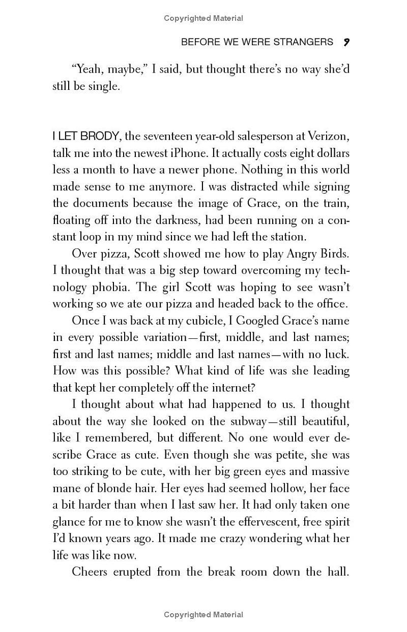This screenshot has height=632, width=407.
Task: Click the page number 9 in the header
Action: (346, 42)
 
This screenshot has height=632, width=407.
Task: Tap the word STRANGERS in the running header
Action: (304, 42)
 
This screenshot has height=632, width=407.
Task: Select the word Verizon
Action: (331, 136)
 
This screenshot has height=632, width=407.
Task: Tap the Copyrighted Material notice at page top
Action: (203, 18)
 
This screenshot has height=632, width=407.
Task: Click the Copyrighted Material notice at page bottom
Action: (203, 615)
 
